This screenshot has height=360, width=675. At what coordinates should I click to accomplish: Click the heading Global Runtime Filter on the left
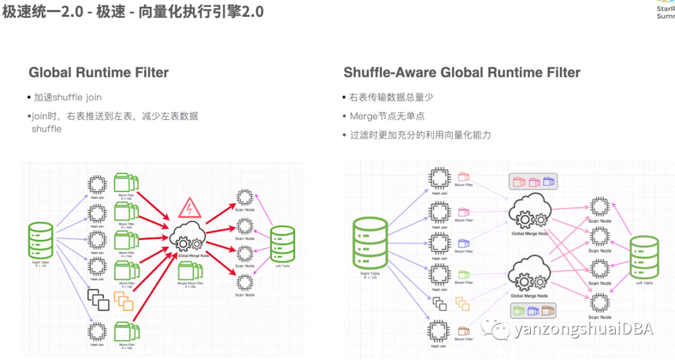pyautogui.click(x=99, y=72)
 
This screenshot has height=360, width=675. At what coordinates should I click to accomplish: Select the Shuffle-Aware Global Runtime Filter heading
pyautogui.click(x=462, y=72)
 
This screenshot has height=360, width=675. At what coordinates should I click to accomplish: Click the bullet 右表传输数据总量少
pyautogui.click(x=391, y=97)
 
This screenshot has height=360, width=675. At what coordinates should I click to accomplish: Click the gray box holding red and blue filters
pyautogui.click(x=533, y=182)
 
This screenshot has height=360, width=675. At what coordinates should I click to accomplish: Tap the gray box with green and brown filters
pyautogui.click(x=533, y=310)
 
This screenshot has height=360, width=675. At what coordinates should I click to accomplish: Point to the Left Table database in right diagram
pyautogui.click(x=644, y=257)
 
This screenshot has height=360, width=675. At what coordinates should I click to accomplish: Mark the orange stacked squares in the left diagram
pyautogui.click(x=123, y=301)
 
